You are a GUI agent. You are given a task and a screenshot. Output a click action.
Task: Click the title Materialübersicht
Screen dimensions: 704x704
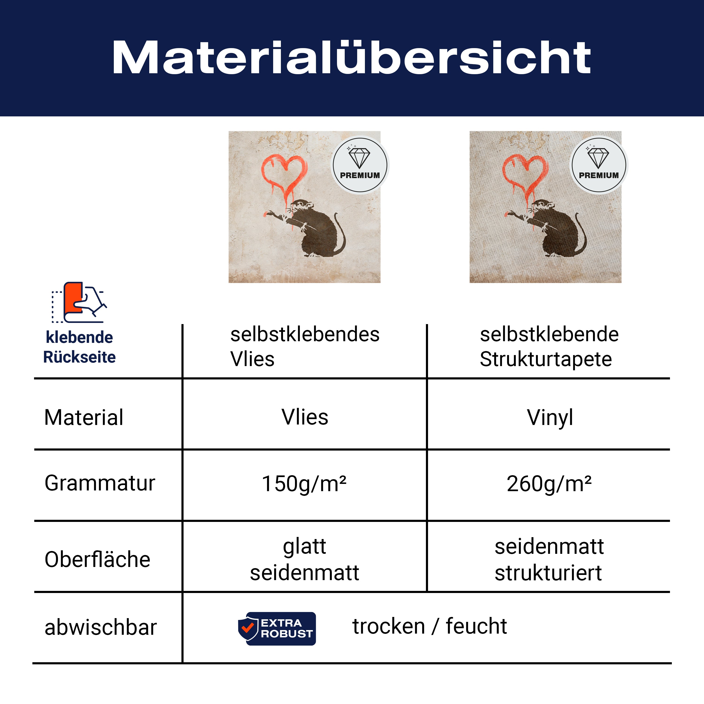pos(352,57)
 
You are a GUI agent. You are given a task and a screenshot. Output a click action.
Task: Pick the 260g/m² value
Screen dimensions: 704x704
pos(549,484)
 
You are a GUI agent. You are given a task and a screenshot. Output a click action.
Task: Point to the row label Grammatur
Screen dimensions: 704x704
pos(100,484)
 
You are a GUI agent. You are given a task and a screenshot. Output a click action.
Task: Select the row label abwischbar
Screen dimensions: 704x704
pos(101,627)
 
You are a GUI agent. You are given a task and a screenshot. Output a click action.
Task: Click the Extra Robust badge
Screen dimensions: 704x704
pos(277,629)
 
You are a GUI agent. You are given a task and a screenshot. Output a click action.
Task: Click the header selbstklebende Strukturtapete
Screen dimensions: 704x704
pos(549,347)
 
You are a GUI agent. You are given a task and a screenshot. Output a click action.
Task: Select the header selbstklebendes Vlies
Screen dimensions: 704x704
pos(305,347)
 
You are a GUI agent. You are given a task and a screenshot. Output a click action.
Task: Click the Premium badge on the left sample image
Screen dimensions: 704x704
pos(360,165)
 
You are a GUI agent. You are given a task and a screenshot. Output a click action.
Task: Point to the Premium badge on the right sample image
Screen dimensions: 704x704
pos(599,165)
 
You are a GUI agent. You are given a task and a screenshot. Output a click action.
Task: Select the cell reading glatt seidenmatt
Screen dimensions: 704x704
pos(305,559)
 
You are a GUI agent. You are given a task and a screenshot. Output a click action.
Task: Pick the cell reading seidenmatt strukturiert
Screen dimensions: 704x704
pos(549,559)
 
